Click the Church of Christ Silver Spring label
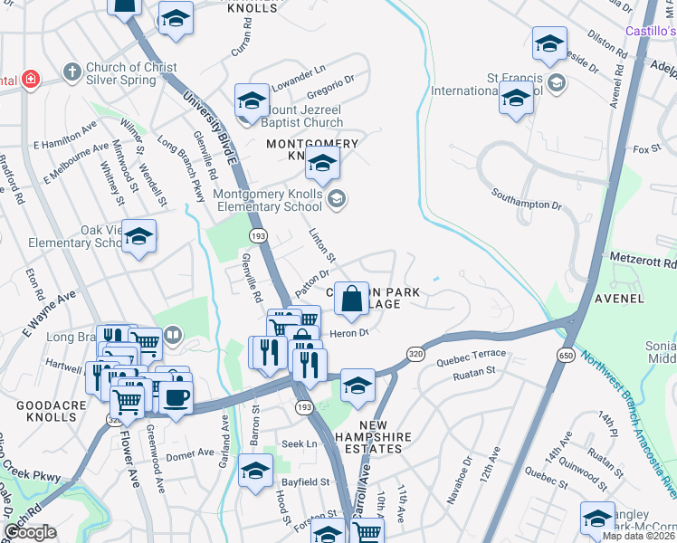[x=127, y=74]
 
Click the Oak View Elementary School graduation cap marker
[x=139, y=237]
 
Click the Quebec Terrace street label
[x=470, y=354]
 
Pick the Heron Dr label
[x=351, y=332]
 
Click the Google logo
[x=30, y=532]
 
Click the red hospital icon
[x=30, y=80]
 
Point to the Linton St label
[x=322, y=245]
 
